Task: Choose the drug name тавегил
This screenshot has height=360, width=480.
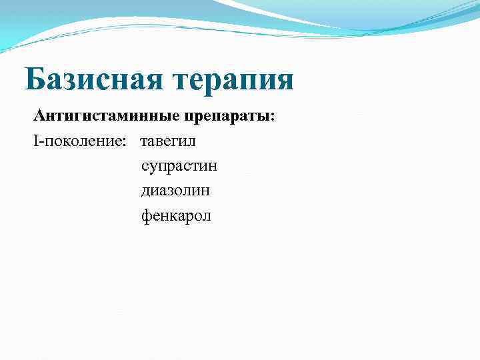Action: [168, 141]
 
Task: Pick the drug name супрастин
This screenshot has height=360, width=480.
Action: [179, 167]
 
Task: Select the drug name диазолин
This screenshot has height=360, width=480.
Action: [175, 191]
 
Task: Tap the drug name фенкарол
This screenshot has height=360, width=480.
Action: [176, 216]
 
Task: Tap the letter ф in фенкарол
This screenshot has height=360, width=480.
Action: [146, 216]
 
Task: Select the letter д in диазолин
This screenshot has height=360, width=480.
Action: [146, 191]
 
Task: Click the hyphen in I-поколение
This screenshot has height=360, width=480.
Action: [41, 143]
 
